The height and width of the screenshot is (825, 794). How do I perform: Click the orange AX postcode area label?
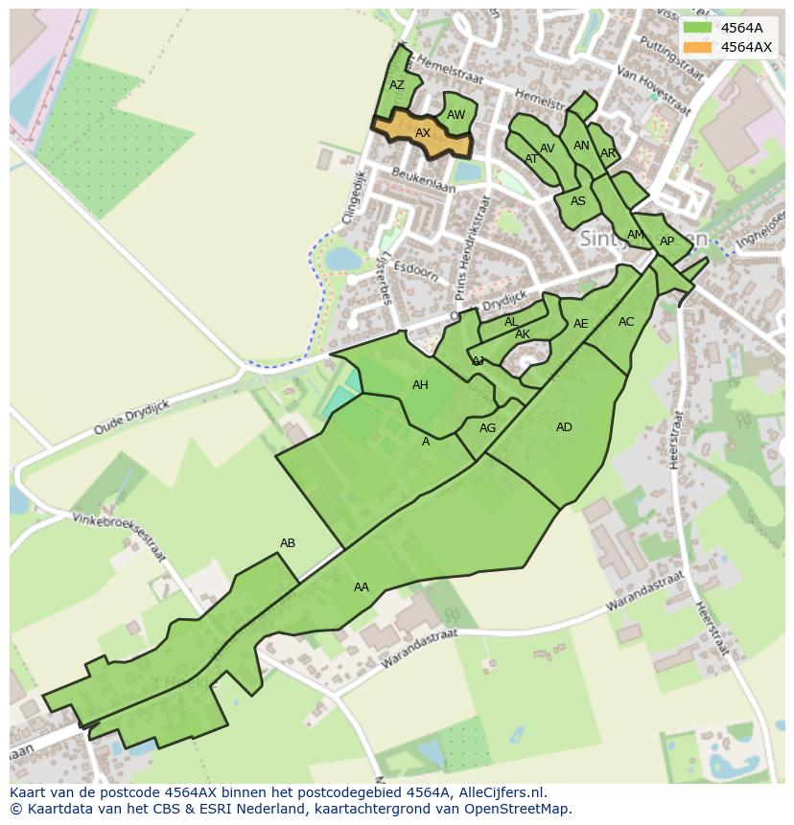pos(422,133)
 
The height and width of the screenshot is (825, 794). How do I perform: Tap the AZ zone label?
pos(397,85)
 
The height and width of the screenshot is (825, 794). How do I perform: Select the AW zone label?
pos(455,115)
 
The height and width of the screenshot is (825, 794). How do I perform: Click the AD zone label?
pos(564,427)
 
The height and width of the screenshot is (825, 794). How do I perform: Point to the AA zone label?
pos(362,587)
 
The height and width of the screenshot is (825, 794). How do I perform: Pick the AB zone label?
pos(288,543)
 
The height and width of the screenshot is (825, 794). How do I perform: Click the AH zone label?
pos(420,385)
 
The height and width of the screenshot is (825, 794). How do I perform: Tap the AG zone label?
pos(487,428)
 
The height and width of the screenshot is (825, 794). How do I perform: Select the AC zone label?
pos(626,322)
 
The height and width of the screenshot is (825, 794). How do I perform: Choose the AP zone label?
pos(666,241)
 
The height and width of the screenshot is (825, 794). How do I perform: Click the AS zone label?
pos(577,201)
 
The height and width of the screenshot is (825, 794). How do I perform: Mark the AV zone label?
pos(548,149)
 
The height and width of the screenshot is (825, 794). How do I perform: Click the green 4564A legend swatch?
pos(698,28)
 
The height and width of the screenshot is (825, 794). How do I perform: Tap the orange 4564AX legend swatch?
pos(698,47)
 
